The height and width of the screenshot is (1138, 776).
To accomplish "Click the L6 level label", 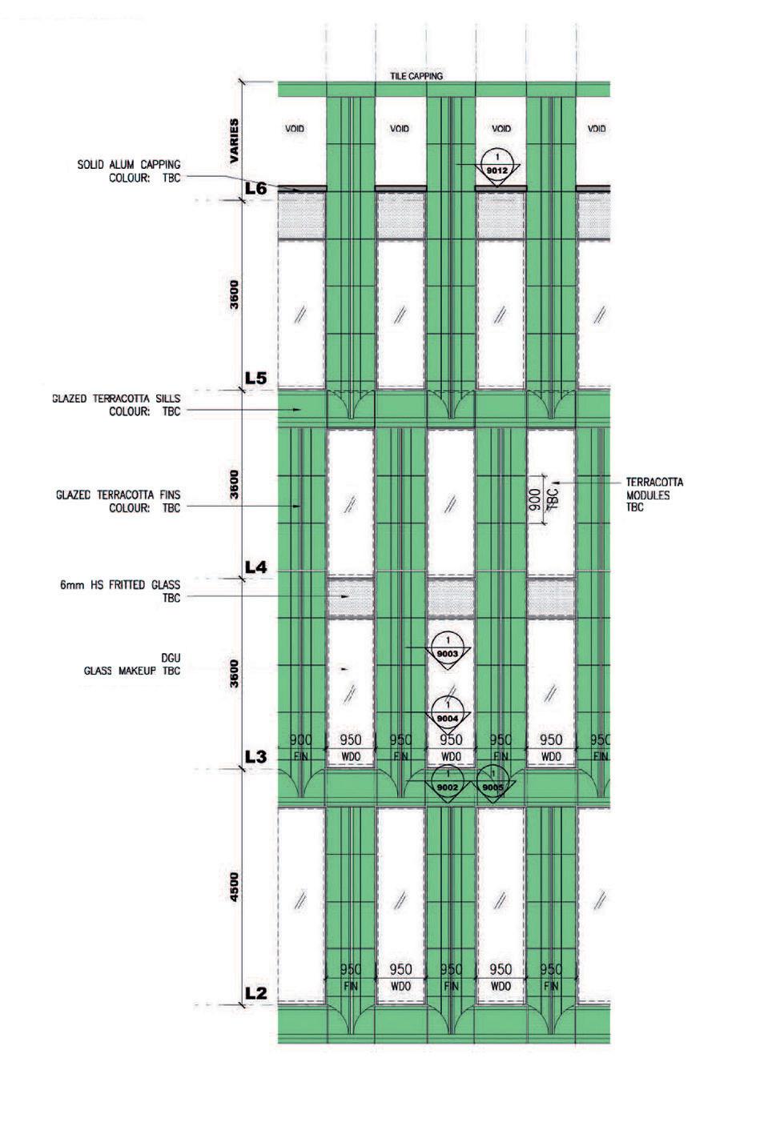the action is [x=255, y=189].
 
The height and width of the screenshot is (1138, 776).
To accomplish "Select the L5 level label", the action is [x=255, y=378].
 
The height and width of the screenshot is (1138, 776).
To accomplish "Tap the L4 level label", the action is [x=255, y=567].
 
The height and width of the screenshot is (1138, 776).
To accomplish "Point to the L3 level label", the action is [x=255, y=755].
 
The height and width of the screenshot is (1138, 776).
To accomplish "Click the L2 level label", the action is [x=255, y=993].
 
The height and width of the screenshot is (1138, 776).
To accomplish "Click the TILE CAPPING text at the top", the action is [x=416, y=76].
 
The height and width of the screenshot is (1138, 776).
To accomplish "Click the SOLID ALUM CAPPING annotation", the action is [x=129, y=171].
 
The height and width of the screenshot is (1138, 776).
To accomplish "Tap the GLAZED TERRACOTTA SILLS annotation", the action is [x=117, y=405].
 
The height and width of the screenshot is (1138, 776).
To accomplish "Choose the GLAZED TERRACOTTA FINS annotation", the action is [x=119, y=502].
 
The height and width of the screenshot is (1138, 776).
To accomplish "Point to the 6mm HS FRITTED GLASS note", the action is [x=120, y=591].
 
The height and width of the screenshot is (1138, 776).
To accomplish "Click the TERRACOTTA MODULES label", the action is [x=654, y=495].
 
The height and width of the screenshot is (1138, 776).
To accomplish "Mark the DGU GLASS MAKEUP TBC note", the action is [x=132, y=664].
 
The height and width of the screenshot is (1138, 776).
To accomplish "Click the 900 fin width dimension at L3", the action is [x=301, y=740].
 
